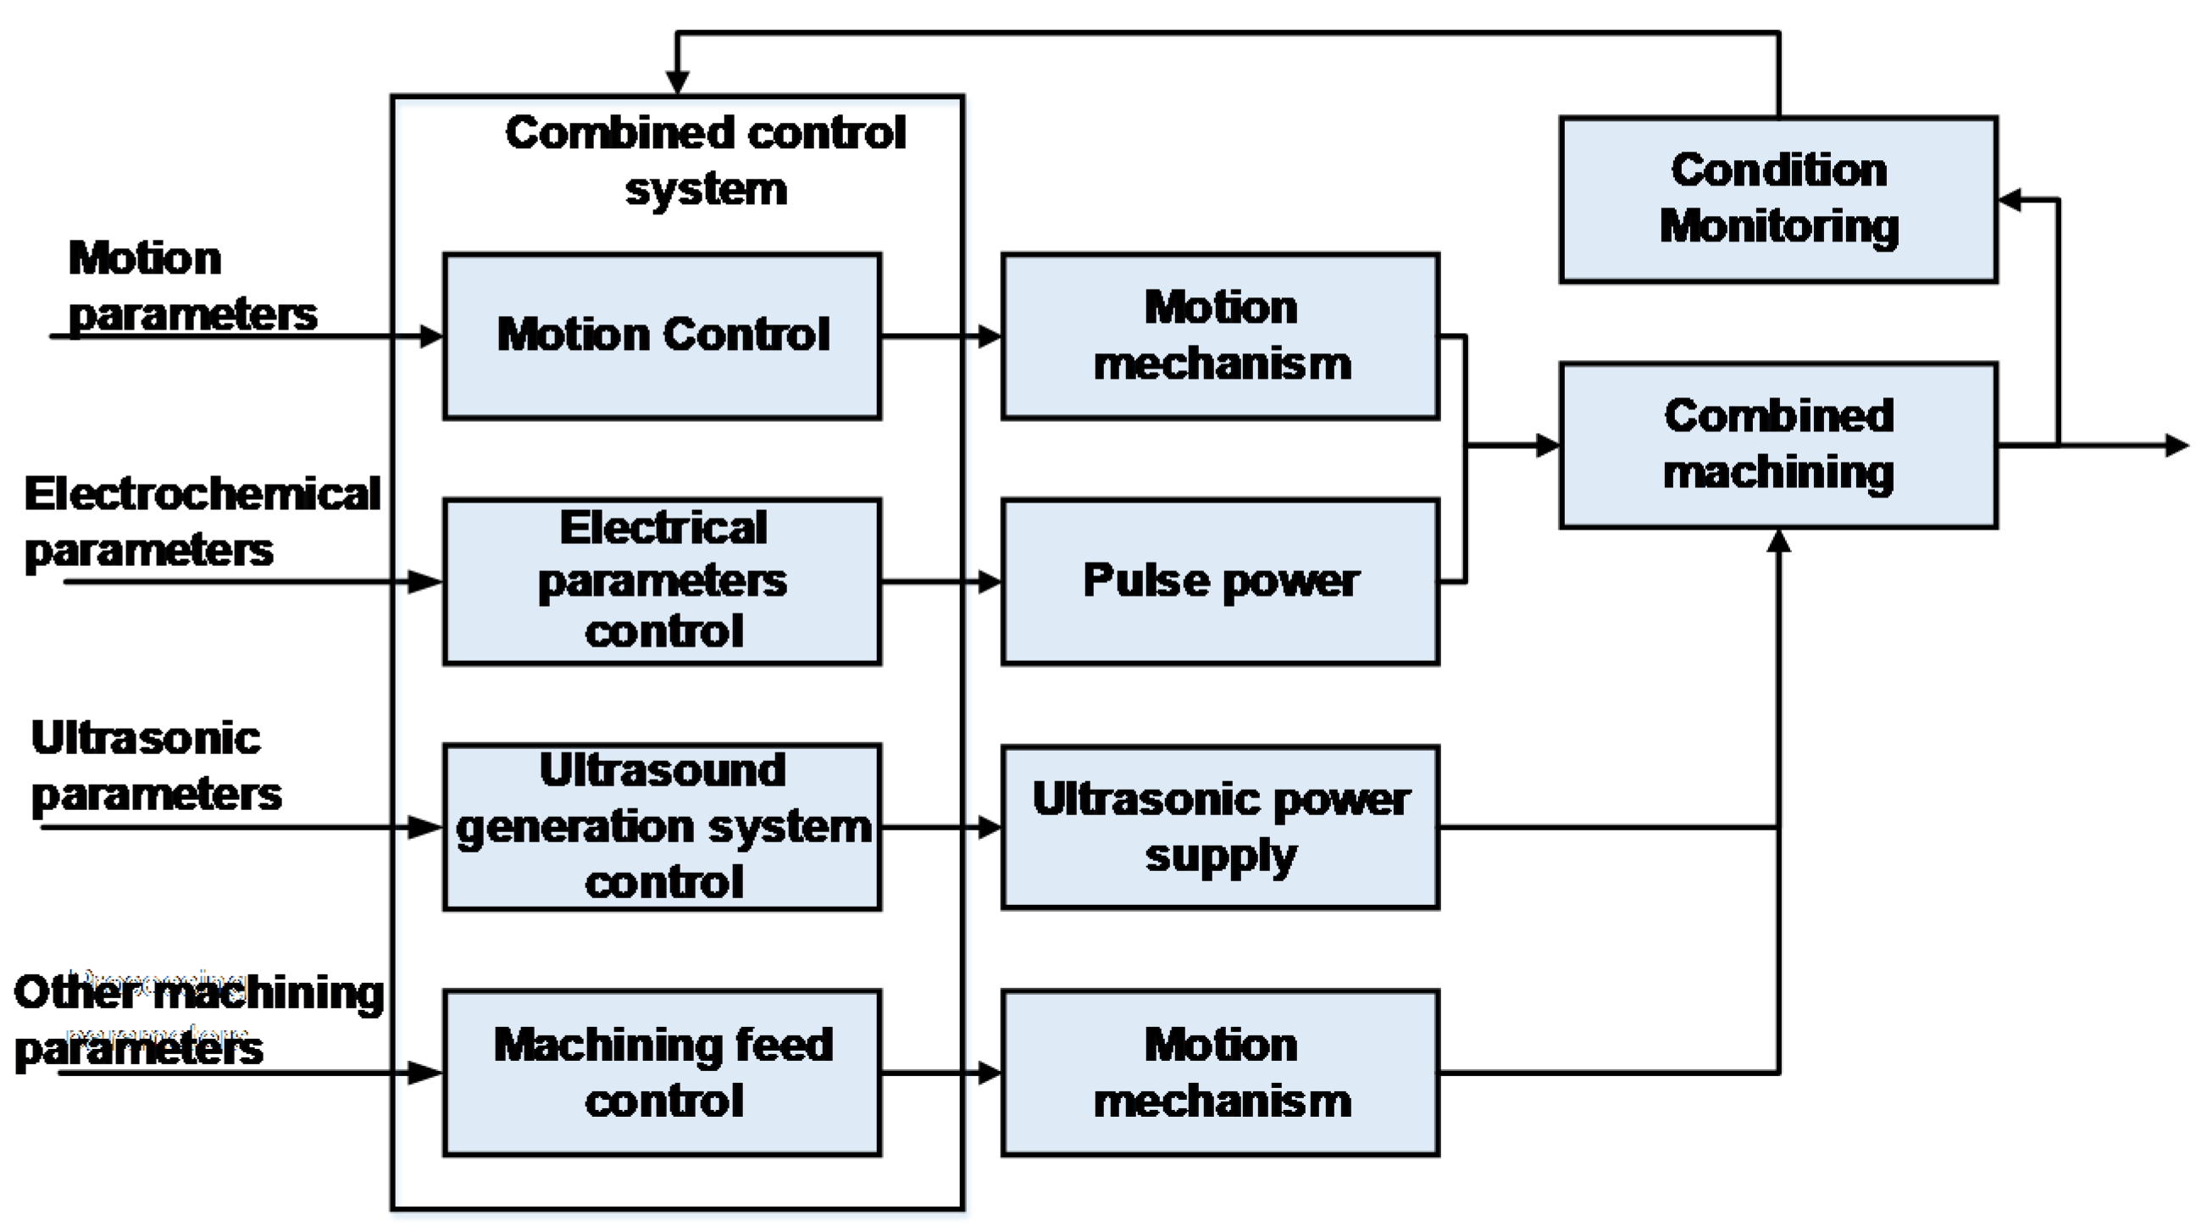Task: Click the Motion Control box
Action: point(662,336)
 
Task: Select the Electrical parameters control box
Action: point(662,582)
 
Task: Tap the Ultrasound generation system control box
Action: point(662,827)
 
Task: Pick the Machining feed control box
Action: point(662,1073)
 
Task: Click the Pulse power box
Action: point(1220,582)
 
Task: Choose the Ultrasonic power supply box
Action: point(1220,827)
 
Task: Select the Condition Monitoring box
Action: point(1778,200)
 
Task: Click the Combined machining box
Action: point(1778,446)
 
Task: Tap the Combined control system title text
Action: point(705,160)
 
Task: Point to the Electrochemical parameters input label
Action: point(202,521)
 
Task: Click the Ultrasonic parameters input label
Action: point(154,765)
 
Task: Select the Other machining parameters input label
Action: point(197,1019)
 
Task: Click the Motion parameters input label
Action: point(190,286)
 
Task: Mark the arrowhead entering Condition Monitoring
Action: point(2009,200)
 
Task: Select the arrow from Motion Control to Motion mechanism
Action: point(940,336)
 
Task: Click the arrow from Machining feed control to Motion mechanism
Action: point(940,1073)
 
